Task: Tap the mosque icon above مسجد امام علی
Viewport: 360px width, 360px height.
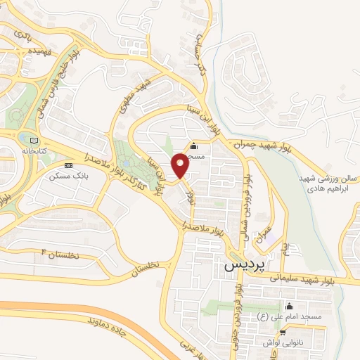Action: [289, 307]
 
